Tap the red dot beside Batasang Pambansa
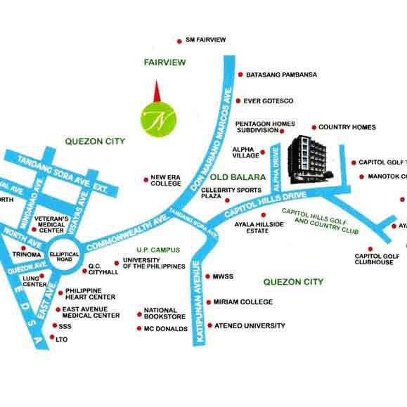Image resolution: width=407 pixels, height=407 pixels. point(240,74)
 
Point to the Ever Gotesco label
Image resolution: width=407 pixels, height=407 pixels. point(269,101)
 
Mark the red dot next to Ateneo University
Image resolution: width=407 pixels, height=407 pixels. point(207,326)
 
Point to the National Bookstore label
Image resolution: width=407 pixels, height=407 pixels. point(165,314)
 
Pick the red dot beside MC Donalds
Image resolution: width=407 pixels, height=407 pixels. point(139,328)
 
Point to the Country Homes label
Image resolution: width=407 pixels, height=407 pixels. point(347,127)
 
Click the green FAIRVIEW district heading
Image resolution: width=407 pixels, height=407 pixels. point(164,63)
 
